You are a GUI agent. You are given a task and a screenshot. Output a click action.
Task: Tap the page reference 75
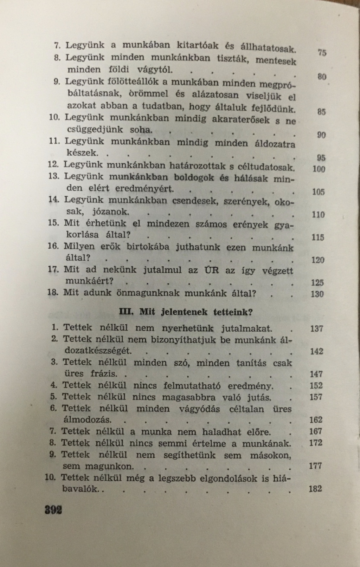322,53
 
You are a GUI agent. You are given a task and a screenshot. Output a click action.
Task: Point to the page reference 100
319,169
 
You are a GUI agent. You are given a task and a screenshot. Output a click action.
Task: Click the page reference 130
317,294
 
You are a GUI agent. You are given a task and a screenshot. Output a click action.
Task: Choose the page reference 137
316,329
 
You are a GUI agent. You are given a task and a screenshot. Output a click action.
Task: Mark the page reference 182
315,489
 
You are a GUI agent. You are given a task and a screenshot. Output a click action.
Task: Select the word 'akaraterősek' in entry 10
241,119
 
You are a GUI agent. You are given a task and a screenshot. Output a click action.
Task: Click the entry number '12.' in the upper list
53,164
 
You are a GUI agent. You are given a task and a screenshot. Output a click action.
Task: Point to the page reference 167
316,431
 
